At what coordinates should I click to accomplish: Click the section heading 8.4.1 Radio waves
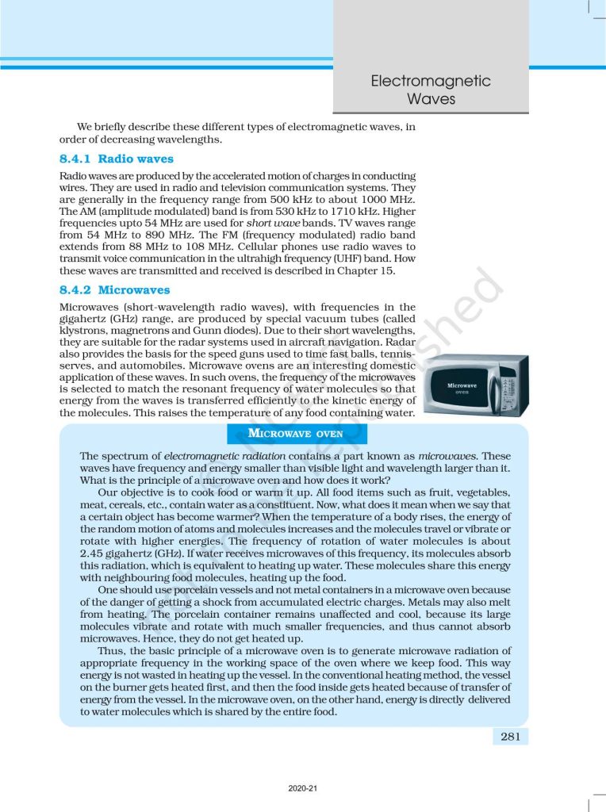coord(116,159)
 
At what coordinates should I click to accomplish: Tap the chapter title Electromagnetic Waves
coord(431,90)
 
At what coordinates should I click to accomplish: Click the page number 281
coord(510,737)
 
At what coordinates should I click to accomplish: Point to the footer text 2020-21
coord(302,789)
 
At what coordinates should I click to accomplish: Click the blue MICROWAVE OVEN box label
coord(296,434)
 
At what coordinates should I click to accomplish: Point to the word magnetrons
coord(151,329)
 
